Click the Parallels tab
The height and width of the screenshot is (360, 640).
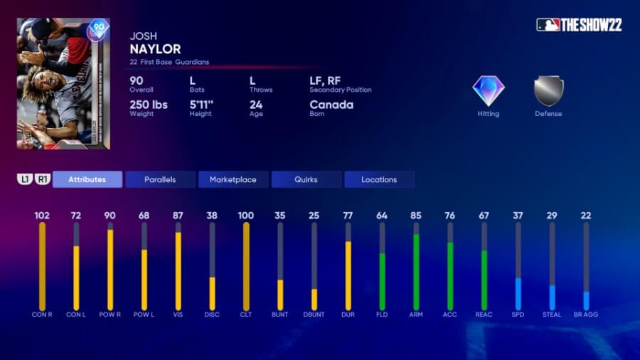160,179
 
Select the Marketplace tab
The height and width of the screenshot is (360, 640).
233,179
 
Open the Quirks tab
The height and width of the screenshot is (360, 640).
306,179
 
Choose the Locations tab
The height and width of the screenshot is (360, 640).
379,179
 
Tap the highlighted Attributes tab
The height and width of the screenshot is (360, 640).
87,179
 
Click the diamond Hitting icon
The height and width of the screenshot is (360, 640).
489,91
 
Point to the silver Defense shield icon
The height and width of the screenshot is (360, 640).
548,91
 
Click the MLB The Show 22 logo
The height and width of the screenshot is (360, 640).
579,25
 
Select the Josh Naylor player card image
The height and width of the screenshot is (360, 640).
63,83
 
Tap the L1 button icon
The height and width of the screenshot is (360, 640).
25,179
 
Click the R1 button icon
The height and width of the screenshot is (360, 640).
42,179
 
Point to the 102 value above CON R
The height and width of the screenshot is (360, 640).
42,215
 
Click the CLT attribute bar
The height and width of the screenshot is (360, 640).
246,266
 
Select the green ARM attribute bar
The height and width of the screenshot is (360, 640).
416,270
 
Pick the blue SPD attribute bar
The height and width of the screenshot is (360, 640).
518,293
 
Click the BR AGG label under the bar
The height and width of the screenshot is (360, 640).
586,314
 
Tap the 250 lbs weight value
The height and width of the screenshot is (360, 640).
149,105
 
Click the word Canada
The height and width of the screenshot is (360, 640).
331,105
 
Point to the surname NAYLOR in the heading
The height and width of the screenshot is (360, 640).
155,49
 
